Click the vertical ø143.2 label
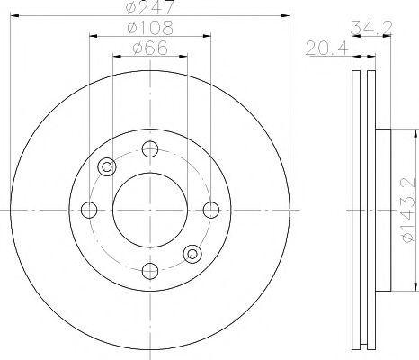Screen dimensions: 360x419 pos(408,209)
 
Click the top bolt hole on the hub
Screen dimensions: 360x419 pos(150,148)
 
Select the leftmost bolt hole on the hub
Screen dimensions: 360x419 pos(89,210)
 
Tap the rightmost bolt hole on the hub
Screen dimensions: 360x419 pos(211,210)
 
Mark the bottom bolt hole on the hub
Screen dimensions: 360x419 pos(150,271)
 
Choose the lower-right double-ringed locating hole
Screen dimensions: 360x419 pos(192,254)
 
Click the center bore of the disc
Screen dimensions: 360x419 pos(150,210)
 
